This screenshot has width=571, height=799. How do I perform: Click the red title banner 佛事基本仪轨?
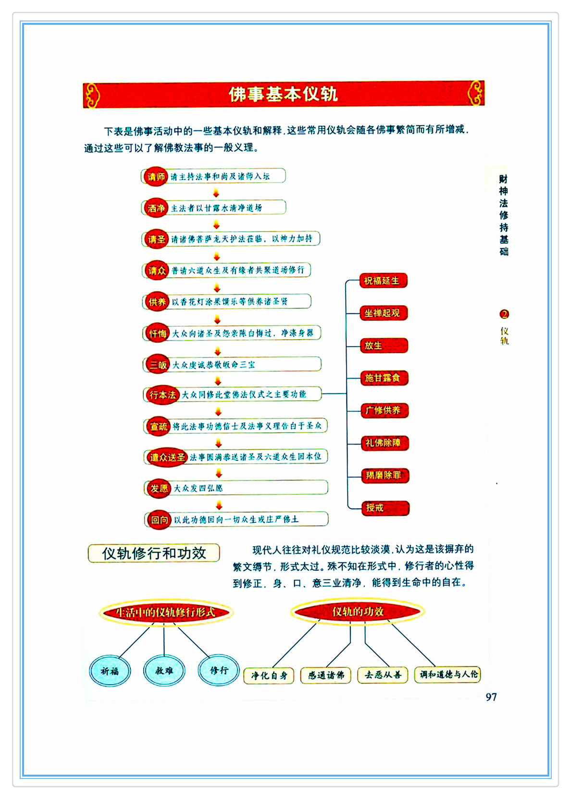[283, 94]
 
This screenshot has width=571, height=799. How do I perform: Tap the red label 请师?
[156, 177]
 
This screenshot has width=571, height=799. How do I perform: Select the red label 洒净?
[156, 208]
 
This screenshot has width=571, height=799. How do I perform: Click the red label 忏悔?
[157, 333]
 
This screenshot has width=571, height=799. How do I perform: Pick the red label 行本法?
[162, 395]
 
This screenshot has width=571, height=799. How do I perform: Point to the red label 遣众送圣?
[167, 457]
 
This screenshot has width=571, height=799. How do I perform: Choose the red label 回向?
[159, 520]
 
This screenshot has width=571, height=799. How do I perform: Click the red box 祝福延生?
[383, 281]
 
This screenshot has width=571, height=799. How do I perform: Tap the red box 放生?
[383, 345]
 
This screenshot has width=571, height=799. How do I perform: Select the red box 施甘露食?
[384, 378]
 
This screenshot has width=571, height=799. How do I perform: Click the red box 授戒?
[385, 508]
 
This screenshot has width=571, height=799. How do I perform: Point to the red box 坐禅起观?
[383, 313]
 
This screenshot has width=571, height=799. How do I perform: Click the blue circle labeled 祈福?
[110, 671]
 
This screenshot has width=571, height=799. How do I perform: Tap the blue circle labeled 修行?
[219, 670]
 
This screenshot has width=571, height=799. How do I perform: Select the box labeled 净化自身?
[269, 676]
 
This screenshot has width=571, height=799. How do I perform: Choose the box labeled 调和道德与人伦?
[448, 675]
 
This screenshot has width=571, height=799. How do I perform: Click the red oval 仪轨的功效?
[358, 612]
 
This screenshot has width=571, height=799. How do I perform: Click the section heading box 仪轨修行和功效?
[154, 553]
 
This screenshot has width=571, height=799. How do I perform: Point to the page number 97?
[491, 697]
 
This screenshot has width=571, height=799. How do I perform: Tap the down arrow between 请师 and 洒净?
[216, 193]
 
